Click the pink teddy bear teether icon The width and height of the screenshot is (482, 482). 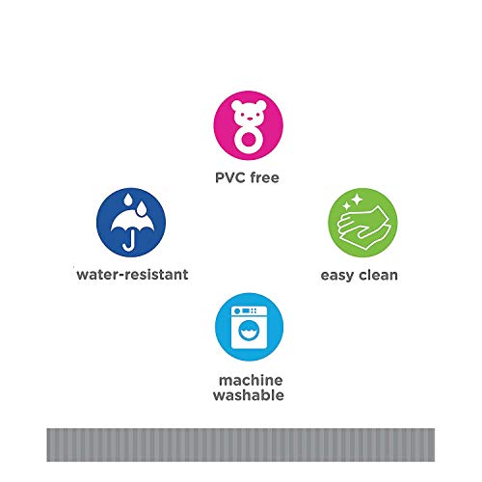pyautogui.click(x=249, y=125)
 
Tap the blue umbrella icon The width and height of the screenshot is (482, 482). pyautogui.click(x=131, y=223)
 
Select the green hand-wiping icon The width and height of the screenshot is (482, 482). pyautogui.click(x=362, y=223)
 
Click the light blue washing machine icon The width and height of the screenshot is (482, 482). pyautogui.click(x=249, y=327)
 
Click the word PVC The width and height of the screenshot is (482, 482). pyautogui.click(x=230, y=177)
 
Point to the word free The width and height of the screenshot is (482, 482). pyautogui.click(x=265, y=177)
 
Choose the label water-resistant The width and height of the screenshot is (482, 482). pyautogui.click(x=132, y=275)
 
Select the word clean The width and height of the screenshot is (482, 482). pyautogui.click(x=378, y=275)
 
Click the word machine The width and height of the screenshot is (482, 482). pyautogui.click(x=251, y=381)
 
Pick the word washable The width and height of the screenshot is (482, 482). pyautogui.click(x=249, y=395)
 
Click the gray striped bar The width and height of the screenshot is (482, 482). pyautogui.click(x=241, y=444)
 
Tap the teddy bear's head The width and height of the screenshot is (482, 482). pyautogui.click(x=249, y=112)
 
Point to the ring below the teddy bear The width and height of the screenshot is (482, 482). pyautogui.click(x=249, y=139)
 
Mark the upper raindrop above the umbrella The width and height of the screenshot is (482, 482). pyautogui.click(x=128, y=200)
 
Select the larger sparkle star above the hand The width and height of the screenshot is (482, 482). pyautogui.click(x=357, y=200)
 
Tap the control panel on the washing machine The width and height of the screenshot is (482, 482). pyautogui.click(x=249, y=311)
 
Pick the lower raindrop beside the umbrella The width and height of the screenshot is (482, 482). pyautogui.click(x=141, y=209)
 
